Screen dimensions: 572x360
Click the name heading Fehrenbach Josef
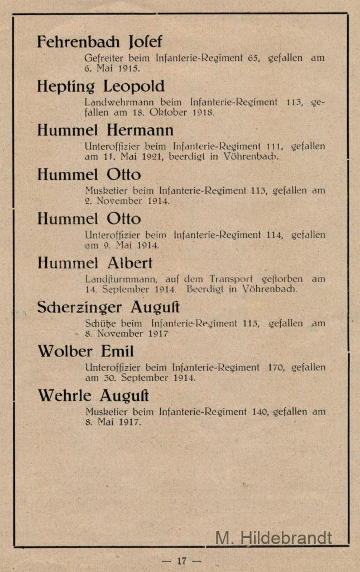tap(99, 42)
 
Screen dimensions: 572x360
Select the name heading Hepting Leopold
tap(100, 87)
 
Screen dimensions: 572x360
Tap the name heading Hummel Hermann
tap(105, 131)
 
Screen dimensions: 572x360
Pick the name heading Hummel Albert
tap(94, 263)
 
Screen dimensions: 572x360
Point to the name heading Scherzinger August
tap(108, 307)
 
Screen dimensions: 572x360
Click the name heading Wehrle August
tap(93, 396)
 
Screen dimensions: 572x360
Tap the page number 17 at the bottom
tap(181, 561)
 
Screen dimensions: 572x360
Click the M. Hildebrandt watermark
tap(273, 538)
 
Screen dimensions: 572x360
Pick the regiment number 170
tap(277, 368)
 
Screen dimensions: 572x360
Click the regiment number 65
tap(253, 58)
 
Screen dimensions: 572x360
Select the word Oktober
tap(161, 113)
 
